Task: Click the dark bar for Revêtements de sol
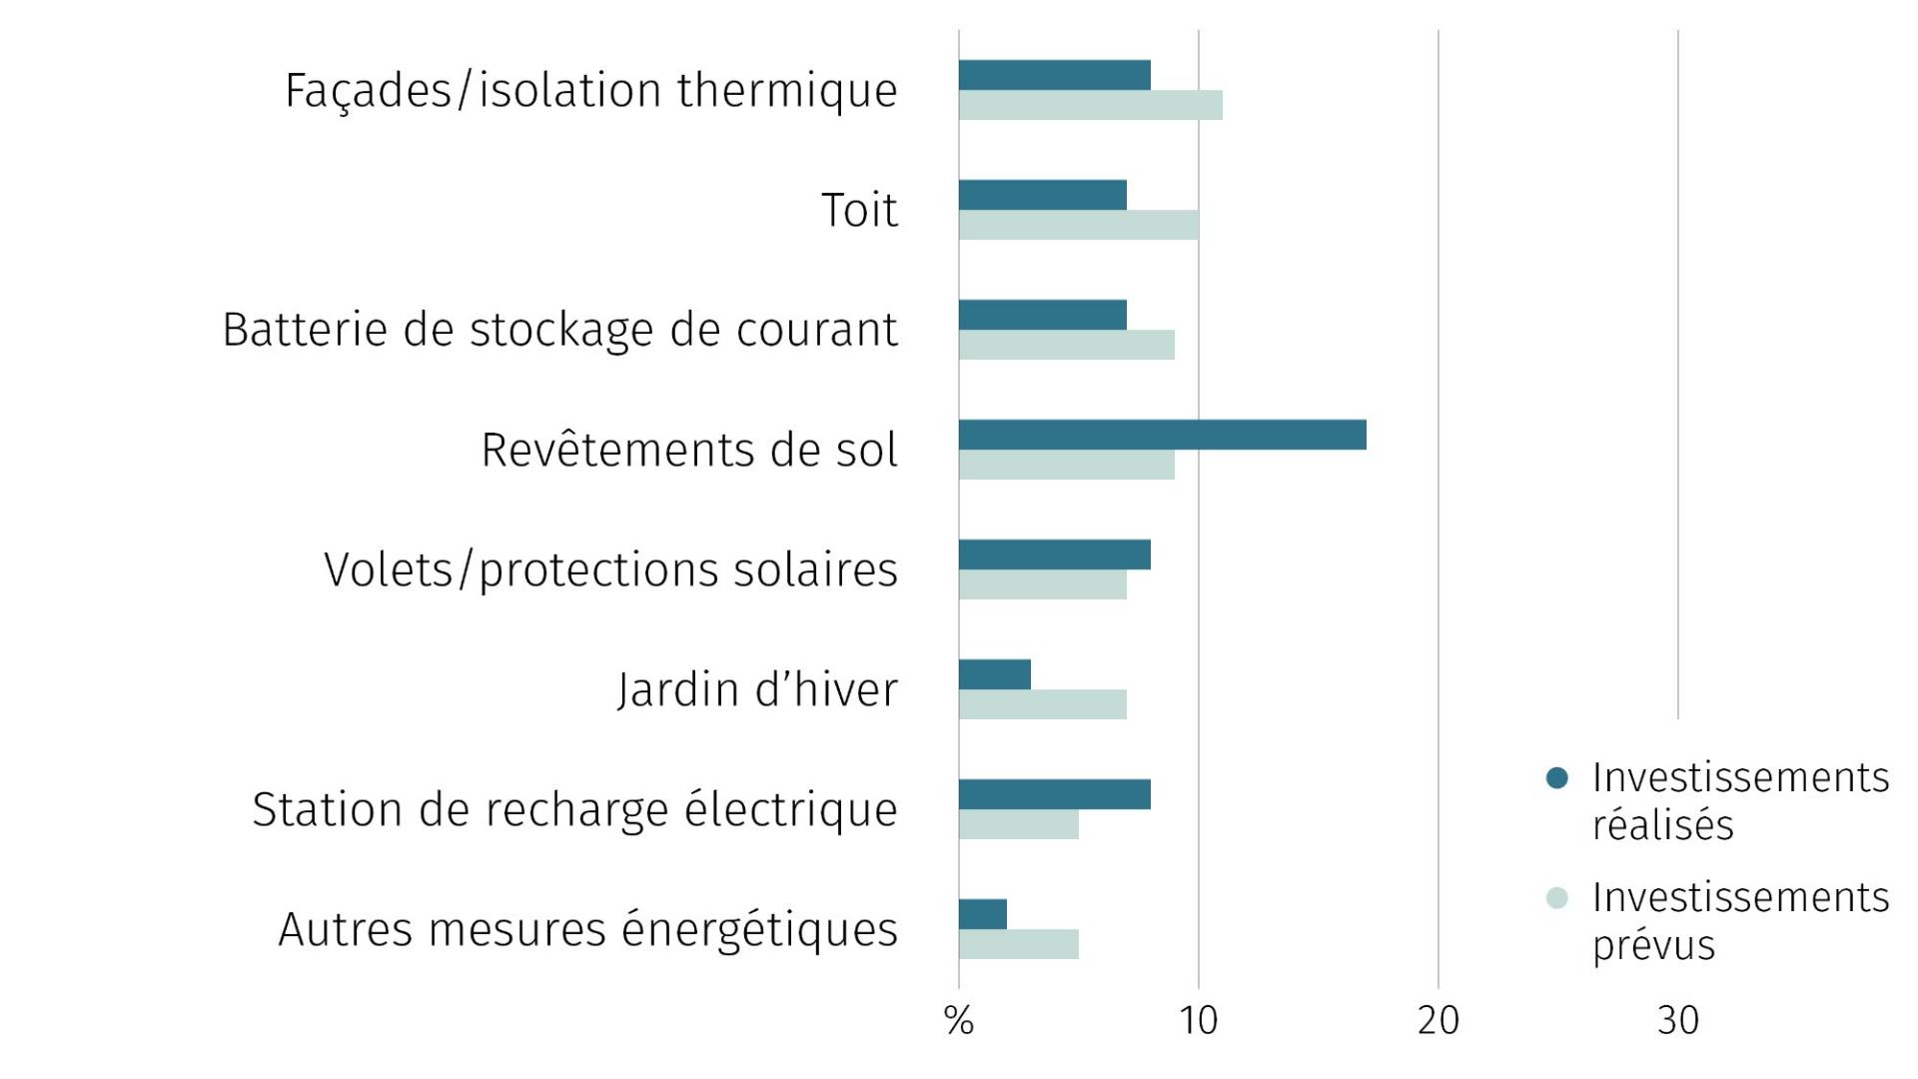click(x=1162, y=435)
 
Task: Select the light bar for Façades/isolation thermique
click(x=1090, y=105)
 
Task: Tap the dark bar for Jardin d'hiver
click(x=994, y=674)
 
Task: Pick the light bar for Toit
click(x=1078, y=225)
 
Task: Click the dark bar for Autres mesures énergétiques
click(x=982, y=914)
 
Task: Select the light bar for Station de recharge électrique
click(x=1018, y=824)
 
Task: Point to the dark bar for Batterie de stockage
click(x=1042, y=315)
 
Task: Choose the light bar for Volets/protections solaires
click(x=1042, y=584)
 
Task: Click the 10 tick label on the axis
click(x=1198, y=1021)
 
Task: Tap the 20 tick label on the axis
click(x=1438, y=1021)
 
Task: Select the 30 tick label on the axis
click(x=1677, y=1021)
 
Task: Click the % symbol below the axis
click(x=958, y=1021)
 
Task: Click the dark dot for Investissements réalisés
click(x=1556, y=778)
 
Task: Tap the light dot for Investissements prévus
click(x=1556, y=898)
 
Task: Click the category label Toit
click(x=859, y=211)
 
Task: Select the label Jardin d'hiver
click(x=757, y=690)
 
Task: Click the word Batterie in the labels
click(x=305, y=331)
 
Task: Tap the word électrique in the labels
click(x=790, y=810)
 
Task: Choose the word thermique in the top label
click(x=787, y=91)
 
